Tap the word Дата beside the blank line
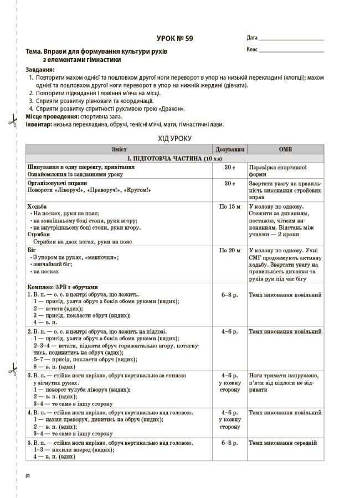(x=252, y=38)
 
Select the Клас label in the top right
(x=252, y=50)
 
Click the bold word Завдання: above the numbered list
(x=40, y=70)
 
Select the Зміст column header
(x=119, y=149)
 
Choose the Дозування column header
(x=229, y=149)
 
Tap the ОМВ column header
(x=285, y=149)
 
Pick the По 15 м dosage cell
(x=229, y=206)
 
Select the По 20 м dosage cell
(x=229, y=251)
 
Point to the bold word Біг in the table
(x=32, y=251)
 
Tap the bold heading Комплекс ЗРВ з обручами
(x=62, y=287)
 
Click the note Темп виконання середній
(x=282, y=443)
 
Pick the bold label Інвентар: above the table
(x=39, y=124)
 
